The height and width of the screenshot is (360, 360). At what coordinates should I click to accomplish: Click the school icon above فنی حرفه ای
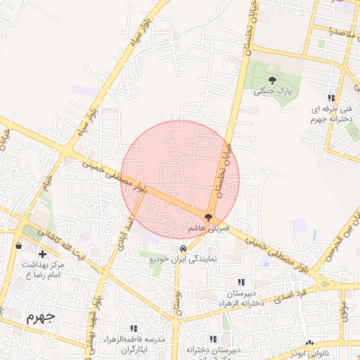330,98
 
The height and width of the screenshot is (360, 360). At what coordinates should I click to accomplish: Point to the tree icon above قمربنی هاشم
209,217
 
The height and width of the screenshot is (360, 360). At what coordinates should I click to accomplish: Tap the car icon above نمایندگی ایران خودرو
183,248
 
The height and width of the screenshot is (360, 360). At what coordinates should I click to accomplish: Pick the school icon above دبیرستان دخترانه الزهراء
243,282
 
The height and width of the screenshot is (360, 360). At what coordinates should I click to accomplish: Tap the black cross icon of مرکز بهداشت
43,253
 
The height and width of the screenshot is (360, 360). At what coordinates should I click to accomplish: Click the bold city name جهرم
39,317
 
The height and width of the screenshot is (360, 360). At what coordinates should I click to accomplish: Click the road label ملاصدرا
335,31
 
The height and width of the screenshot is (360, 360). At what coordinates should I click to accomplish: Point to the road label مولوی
344,311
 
